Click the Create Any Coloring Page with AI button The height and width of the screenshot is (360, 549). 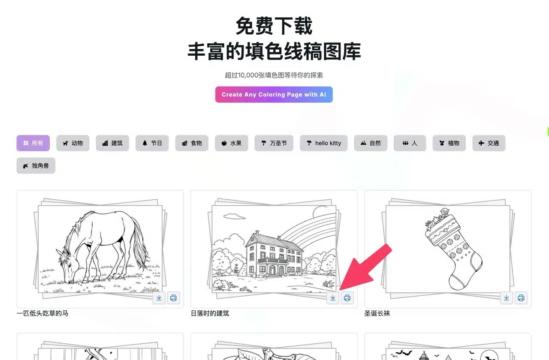[274, 95]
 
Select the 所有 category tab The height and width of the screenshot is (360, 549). [33, 143]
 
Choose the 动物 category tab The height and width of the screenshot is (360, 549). [73, 143]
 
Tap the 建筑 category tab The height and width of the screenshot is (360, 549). [112, 143]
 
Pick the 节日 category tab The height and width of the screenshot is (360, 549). [152, 143]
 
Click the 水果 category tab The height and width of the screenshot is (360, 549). [231, 143]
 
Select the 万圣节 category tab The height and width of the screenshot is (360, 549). [274, 143]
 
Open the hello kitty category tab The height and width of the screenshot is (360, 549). [323, 143]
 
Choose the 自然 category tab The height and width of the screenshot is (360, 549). [371, 143]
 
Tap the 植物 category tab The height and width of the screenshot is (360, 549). [449, 143]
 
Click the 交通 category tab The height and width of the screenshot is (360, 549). [489, 143]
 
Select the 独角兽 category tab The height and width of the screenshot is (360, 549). [36, 165]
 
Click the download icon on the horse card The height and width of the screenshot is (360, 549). [159, 298]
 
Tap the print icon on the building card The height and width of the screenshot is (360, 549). [347, 298]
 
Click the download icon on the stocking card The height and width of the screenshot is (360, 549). [507, 298]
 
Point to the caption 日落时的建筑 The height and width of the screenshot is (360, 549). [210, 313]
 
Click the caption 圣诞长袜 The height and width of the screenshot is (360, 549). [377, 313]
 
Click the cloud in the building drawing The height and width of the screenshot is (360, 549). [234, 216]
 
